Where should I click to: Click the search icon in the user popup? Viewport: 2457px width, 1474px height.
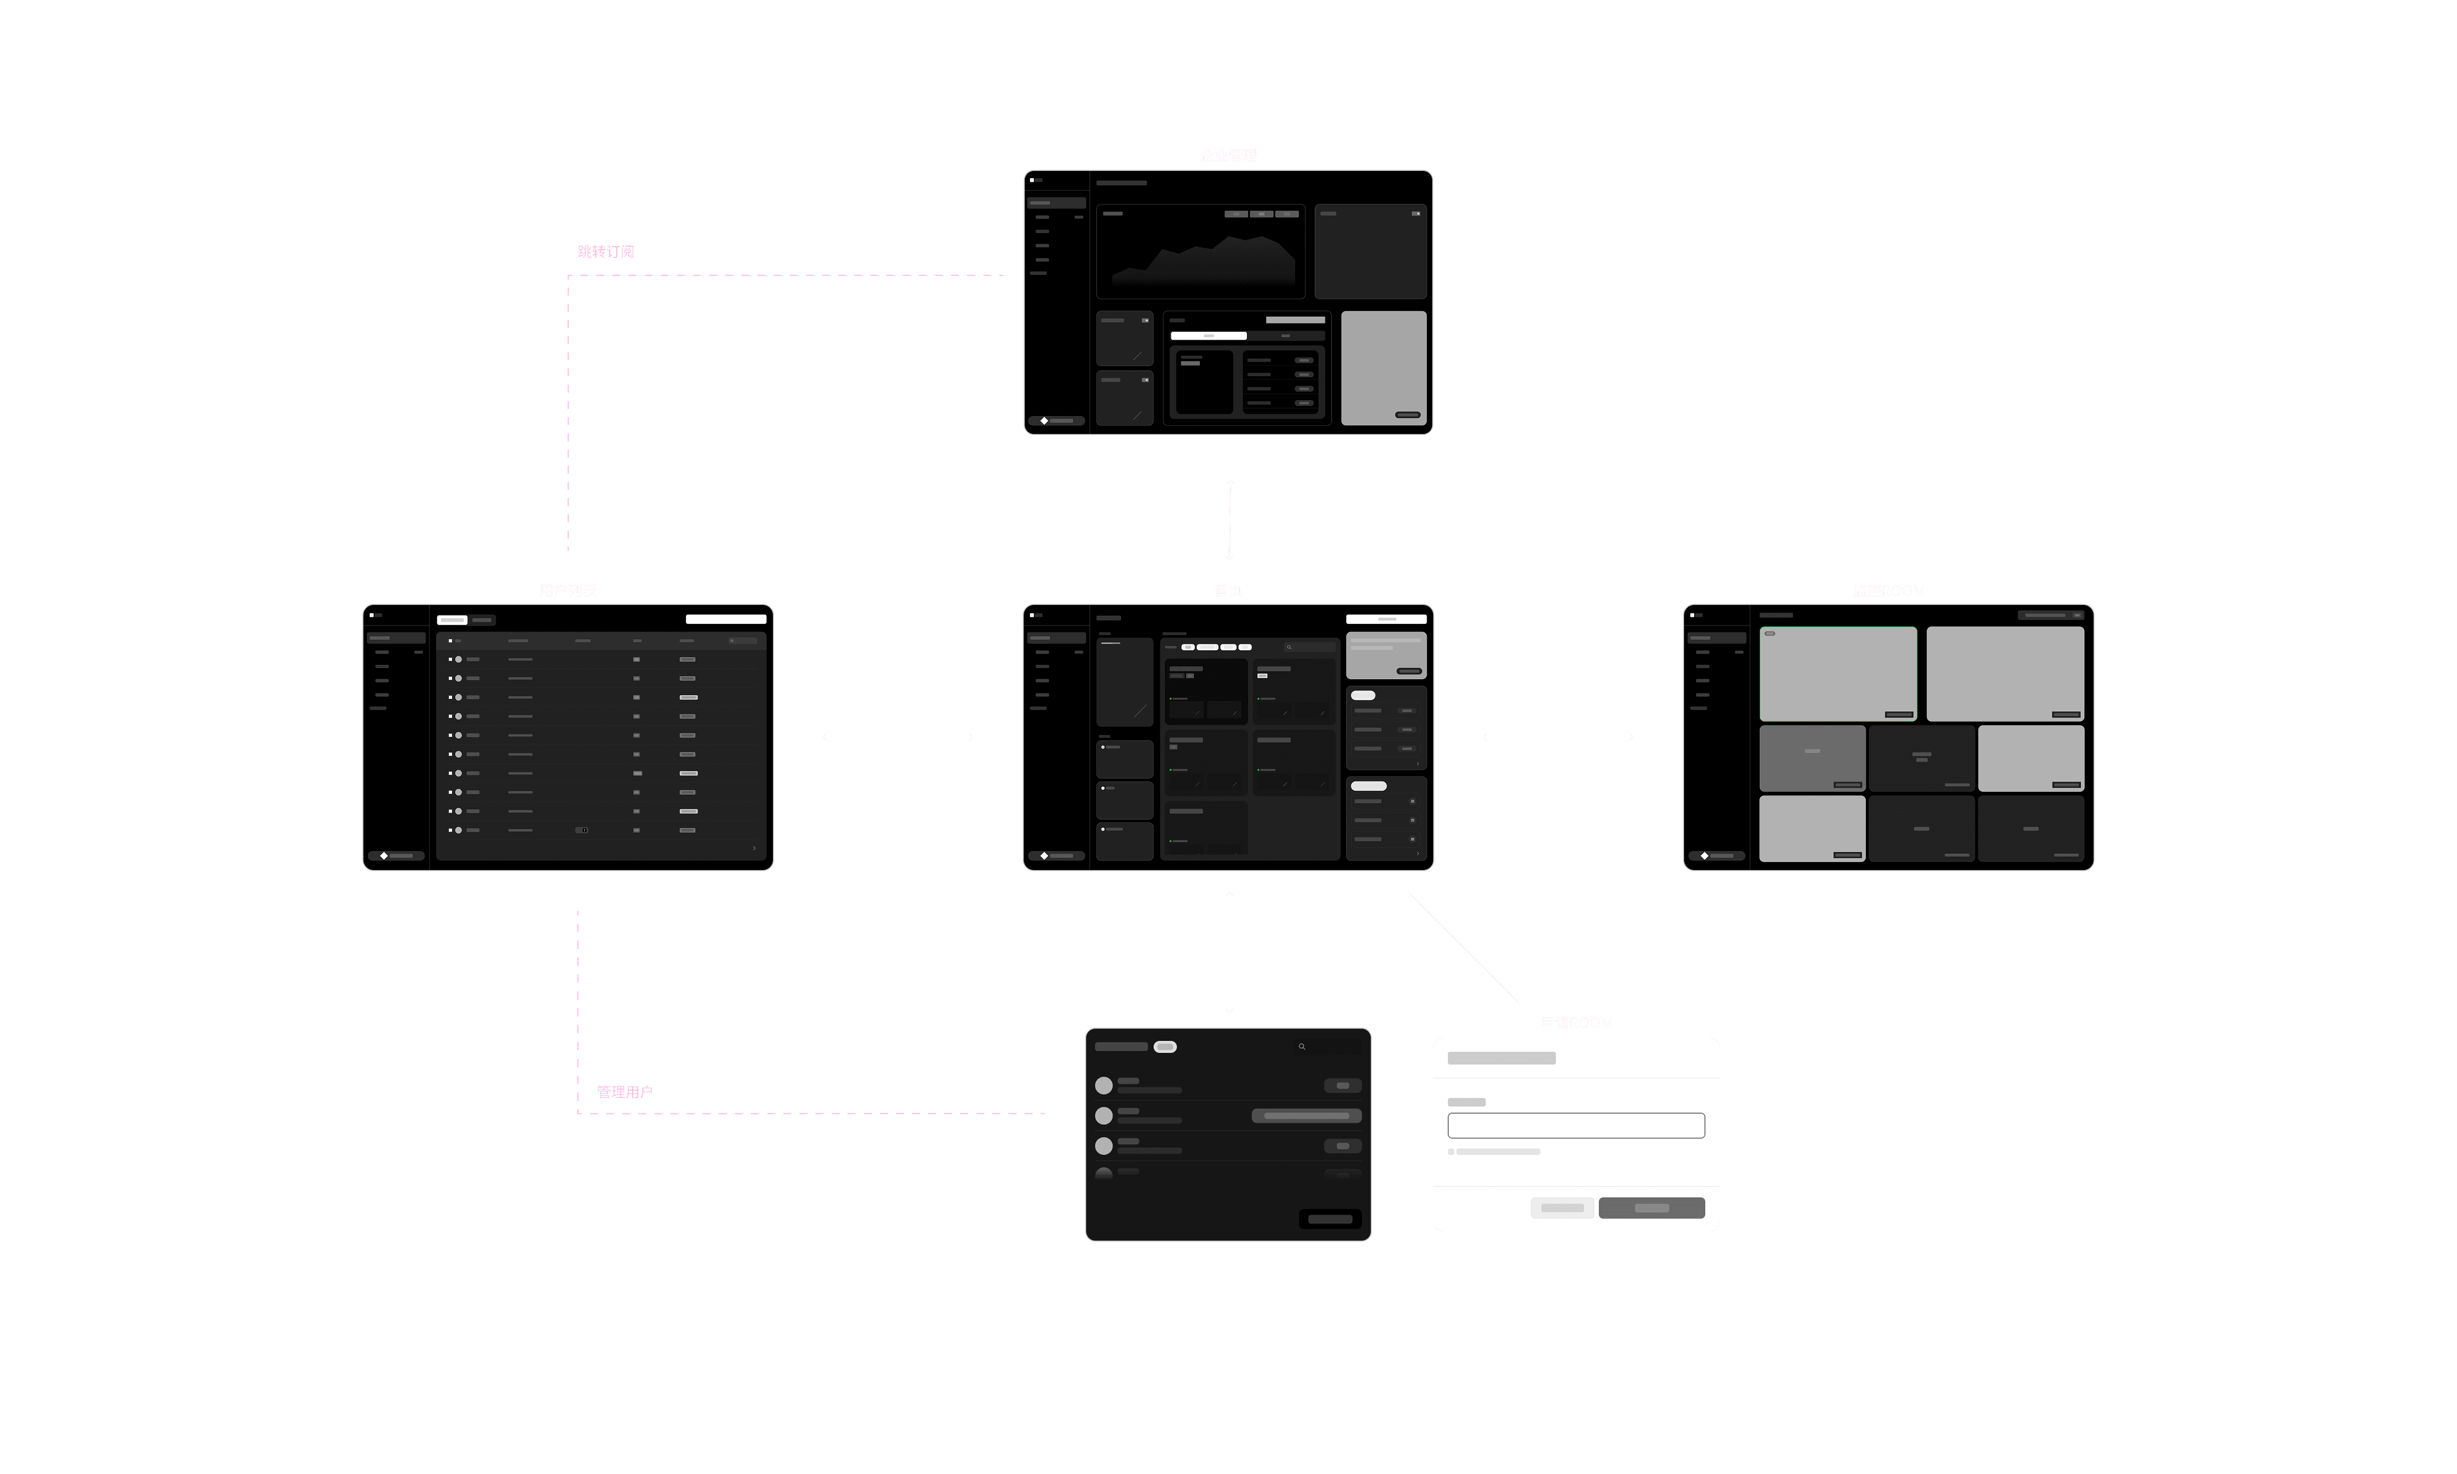[1302, 1047]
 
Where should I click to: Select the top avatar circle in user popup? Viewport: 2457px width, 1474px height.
[1104, 1086]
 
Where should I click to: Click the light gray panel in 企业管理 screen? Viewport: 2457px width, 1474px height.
[1384, 367]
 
